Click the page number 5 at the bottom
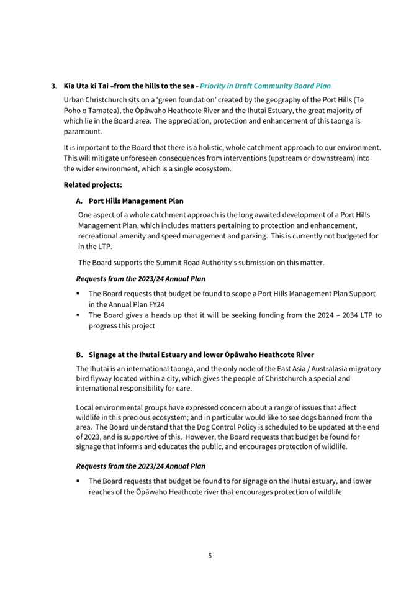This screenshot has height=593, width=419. click(x=209, y=556)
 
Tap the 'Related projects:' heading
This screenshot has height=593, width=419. click(x=92, y=184)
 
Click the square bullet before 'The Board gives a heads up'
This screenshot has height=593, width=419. click(x=79, y=315)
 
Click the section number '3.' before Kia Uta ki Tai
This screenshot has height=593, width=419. click(x=55, y=86)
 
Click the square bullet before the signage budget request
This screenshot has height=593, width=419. click(x=79, y=481)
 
